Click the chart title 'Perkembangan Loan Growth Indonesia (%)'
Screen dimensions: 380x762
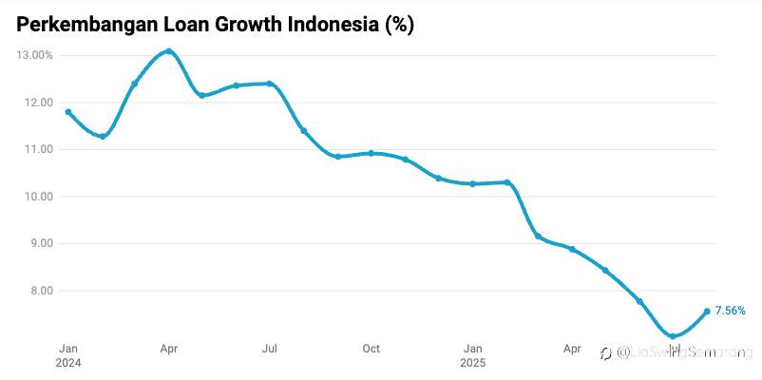tap(215, 26)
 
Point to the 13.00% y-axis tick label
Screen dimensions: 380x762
tap(35, 55)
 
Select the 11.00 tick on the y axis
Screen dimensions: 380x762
tap(39, 149)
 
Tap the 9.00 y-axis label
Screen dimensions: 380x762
tap(41, 243)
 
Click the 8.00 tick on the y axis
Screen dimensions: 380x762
tap(41, 291)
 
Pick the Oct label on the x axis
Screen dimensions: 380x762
tap(371, 349)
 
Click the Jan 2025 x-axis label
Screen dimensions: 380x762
tap(472, 355)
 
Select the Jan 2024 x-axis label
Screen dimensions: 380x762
tap(68, 355)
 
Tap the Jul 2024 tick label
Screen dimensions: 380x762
tap(270, 349)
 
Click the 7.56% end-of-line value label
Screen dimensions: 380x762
tap(730, 311)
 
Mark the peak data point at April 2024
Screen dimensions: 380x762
tap(168, 51)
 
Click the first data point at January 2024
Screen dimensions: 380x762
tap(68, 112)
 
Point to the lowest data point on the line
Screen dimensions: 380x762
tap(673, 336)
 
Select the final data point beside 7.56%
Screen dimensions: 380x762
tap(706, 312)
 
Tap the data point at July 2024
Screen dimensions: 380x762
tap(270, 84)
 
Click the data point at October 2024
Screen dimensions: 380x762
tap(371, 153)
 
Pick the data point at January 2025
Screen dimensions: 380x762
tap(472, 183)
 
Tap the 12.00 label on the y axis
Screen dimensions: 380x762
tap(39, 103)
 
